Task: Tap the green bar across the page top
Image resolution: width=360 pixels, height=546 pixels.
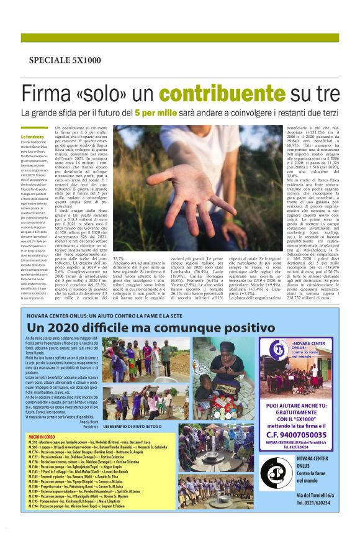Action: [180, 38]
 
